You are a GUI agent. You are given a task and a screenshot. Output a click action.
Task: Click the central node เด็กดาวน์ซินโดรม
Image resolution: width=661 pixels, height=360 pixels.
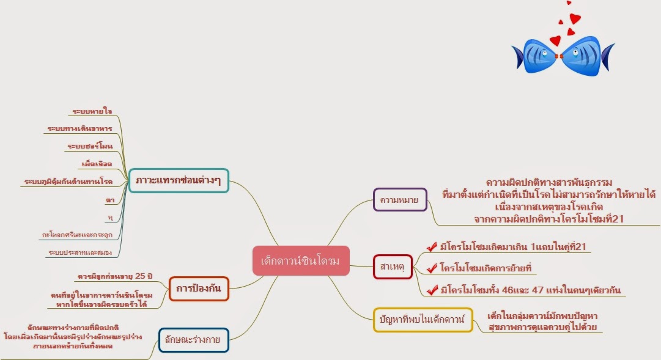(300, 261)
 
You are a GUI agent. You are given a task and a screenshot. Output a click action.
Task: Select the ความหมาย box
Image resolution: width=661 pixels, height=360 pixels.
(400, 199)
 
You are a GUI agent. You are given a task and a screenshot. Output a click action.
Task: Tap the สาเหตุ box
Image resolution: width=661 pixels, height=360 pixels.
(393, 266)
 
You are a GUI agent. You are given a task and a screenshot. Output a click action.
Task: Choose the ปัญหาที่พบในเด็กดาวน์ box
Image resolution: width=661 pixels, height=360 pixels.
(423, 320)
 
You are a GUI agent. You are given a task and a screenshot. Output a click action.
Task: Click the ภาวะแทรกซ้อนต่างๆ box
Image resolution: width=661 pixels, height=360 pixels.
(179, 180)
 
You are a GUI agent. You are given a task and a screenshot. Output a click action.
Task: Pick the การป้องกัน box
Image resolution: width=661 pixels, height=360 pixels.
(198, 288)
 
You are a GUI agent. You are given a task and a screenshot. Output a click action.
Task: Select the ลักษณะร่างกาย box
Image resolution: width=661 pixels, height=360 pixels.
(193, 340)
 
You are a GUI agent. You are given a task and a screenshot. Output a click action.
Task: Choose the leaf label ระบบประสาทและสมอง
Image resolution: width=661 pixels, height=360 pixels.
(80, 252)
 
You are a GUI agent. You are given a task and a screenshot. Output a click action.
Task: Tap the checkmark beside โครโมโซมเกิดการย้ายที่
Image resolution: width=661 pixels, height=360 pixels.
(432, 268)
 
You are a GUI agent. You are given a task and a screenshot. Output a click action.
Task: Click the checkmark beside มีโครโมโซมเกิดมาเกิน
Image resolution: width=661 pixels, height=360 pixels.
(432, 246)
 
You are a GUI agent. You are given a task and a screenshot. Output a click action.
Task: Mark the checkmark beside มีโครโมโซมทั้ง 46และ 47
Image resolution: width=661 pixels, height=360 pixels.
(432, 290)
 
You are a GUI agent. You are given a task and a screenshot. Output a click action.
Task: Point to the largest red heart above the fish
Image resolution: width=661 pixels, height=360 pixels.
(555, 41)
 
